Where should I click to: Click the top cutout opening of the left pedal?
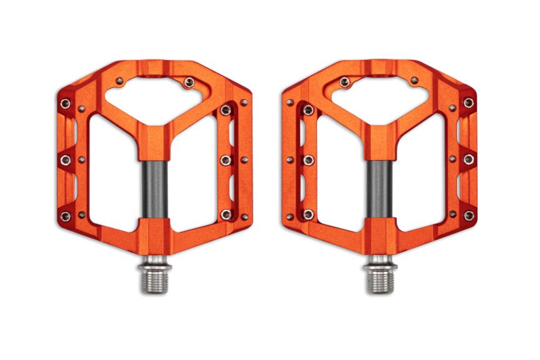point(153,97)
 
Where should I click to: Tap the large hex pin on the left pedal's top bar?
point(188,81)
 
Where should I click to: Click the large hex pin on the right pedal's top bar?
point(344,81)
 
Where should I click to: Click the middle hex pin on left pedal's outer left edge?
point(66,161)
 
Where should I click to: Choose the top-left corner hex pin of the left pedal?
point(66,102)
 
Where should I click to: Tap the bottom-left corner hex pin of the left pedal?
point(66,216)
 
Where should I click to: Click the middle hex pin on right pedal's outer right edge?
point(468,160)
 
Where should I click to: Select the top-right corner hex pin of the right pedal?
point(468,102)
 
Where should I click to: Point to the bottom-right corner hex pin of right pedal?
point(468,216)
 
